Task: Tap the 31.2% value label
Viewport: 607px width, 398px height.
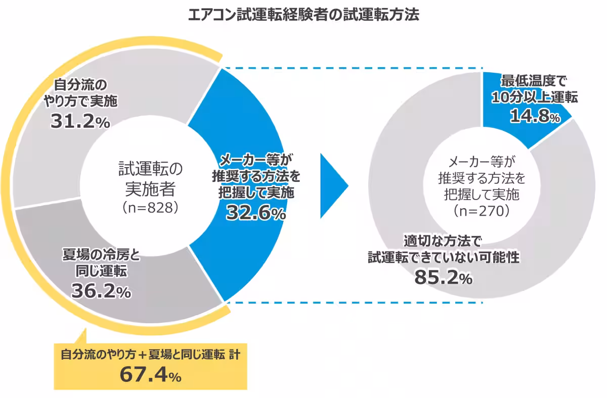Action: click(x=80, y=122)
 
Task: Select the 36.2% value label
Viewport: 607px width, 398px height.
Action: click(x=101, y=290)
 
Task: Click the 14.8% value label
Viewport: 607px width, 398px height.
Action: click(x=535, y=117)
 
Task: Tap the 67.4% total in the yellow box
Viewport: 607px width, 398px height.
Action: click(x=150, y=375)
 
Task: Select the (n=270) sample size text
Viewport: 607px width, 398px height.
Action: click(x=481, y=211)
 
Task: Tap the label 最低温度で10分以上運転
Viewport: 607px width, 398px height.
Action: click(x=535, y=89)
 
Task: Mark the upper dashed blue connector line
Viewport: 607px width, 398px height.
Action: click(x=354, y=68)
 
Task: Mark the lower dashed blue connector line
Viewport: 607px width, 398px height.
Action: click(x=354, y=303)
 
